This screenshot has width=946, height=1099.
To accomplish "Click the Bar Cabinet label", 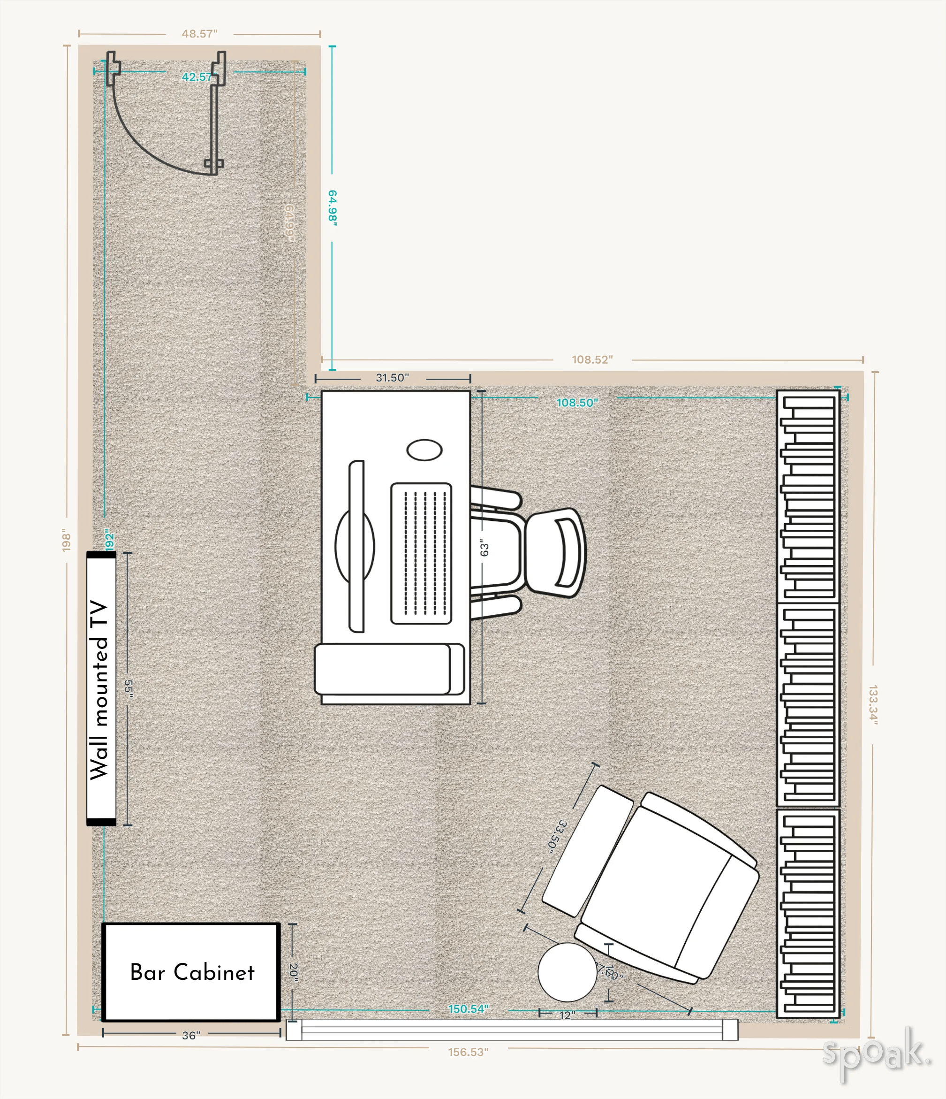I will point(192,972).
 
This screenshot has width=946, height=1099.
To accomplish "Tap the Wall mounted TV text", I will point(100,689).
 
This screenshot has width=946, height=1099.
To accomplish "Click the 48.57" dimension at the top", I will point(199,34).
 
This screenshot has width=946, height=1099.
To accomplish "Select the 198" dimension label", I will point(66,540).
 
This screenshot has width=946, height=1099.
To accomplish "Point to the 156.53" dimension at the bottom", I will point(468,1052).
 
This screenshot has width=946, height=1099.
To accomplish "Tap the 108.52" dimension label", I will point(592,359).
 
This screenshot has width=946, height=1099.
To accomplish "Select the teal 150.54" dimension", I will point(468,1009).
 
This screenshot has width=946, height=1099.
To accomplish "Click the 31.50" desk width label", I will point(393,378).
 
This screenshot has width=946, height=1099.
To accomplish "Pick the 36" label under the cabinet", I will point(191,1035).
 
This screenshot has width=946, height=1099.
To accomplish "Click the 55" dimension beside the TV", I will point(128,688).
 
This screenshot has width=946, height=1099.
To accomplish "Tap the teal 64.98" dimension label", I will point(333,208).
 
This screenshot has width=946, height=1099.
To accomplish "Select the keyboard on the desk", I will point(421,553).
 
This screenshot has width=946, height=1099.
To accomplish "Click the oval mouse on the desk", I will point(424,450).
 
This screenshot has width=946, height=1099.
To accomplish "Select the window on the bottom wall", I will point(512,1030).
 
